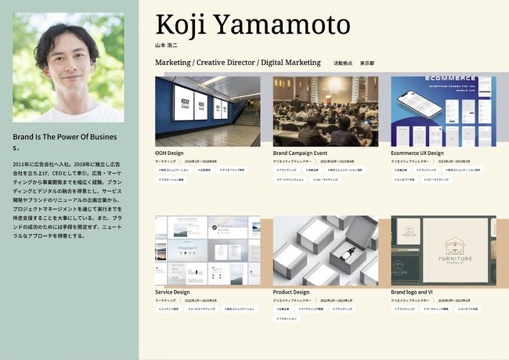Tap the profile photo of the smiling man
pos(68,68)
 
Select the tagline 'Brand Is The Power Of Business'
pos(65,141)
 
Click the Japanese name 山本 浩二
pos(167,45)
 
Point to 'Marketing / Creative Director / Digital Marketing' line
pos(238,62)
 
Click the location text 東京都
pos(366,63)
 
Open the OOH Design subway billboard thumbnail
pos(208,111)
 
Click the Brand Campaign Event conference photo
pos(325,111)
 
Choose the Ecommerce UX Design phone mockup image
pos(443,111)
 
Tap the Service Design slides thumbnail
pos(208,250)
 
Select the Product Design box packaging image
pos(325,250)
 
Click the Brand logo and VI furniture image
pos(443,250)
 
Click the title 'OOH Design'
pos(169,153)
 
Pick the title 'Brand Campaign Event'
pos(300,153)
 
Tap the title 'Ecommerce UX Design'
pos(417,153)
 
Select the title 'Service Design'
pos(172,292)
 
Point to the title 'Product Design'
pos(291,292)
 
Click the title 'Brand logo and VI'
pos(412,292)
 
